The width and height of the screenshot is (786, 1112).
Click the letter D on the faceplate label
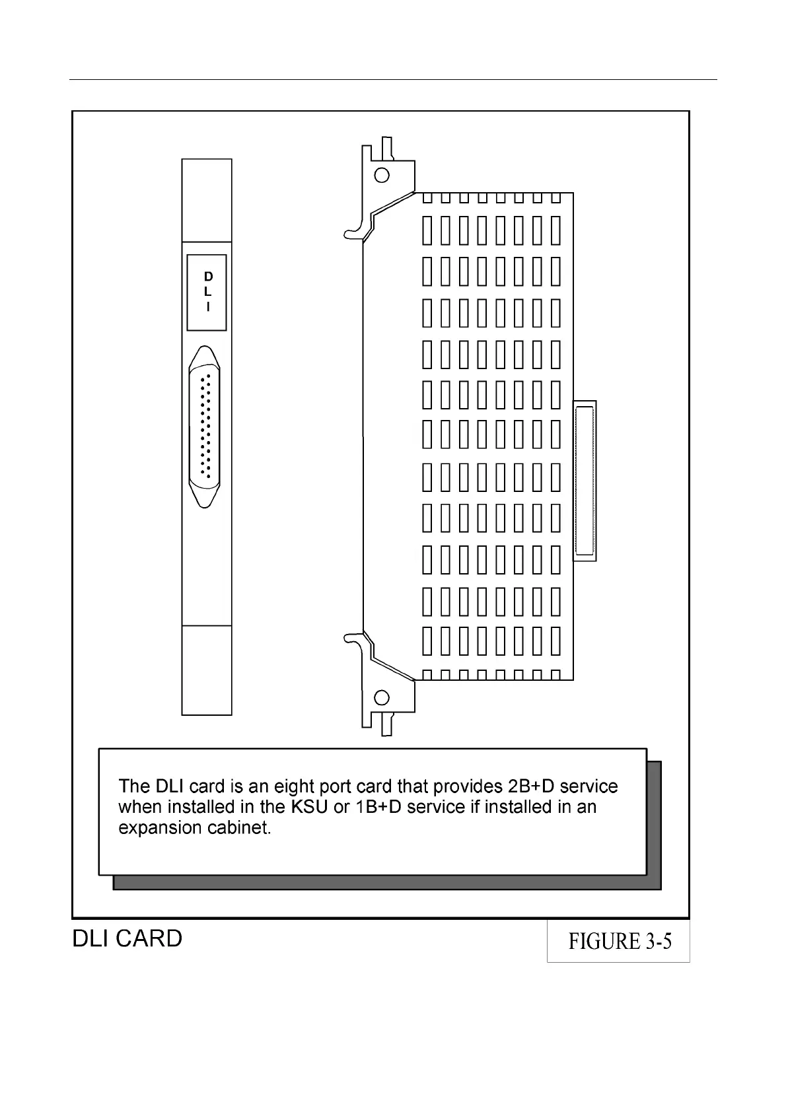click(207, 277)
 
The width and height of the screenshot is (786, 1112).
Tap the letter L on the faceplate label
click(207, 292)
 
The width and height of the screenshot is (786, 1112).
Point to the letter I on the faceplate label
click(207, 307)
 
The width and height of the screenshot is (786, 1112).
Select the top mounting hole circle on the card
click(382, 175)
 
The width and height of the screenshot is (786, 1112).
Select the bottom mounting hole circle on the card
click(382, 697)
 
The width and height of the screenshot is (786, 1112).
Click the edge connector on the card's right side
click(585, 481)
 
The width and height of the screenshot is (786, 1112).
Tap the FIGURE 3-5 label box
click(619, 941)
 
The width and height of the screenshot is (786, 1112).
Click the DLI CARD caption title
click(127, 938)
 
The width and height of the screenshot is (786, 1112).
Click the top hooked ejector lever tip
click(348, 233)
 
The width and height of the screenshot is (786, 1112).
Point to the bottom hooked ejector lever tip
click(348, 638)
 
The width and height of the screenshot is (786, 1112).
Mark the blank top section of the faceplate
click(207, 200)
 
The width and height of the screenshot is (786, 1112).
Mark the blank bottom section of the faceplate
click(207, 670)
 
